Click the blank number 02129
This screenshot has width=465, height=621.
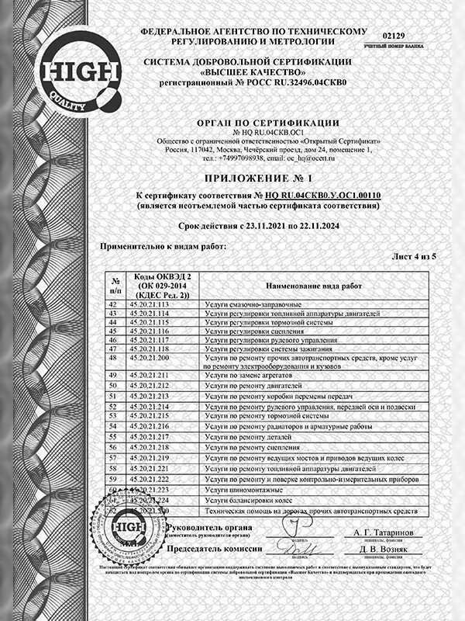[x=394, y=36]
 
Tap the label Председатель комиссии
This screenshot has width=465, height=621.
[x=213, y=548]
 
